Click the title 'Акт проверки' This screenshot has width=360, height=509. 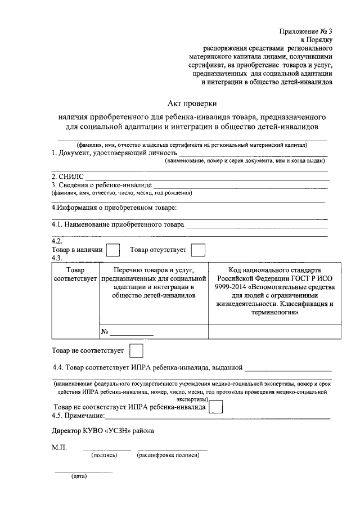[192, 103]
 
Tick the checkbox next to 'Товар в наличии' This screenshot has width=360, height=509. [113, 250]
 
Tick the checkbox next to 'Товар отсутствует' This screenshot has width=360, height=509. [197, 250]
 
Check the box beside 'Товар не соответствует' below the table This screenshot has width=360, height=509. [136, 350]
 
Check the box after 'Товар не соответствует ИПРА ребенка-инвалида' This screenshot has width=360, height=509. [216, 407]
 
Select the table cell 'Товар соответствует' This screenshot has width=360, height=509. [75, 274]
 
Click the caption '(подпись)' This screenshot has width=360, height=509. [104, 454]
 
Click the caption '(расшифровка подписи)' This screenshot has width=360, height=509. [168, 454]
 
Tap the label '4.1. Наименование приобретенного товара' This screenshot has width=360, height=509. [117, 224]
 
